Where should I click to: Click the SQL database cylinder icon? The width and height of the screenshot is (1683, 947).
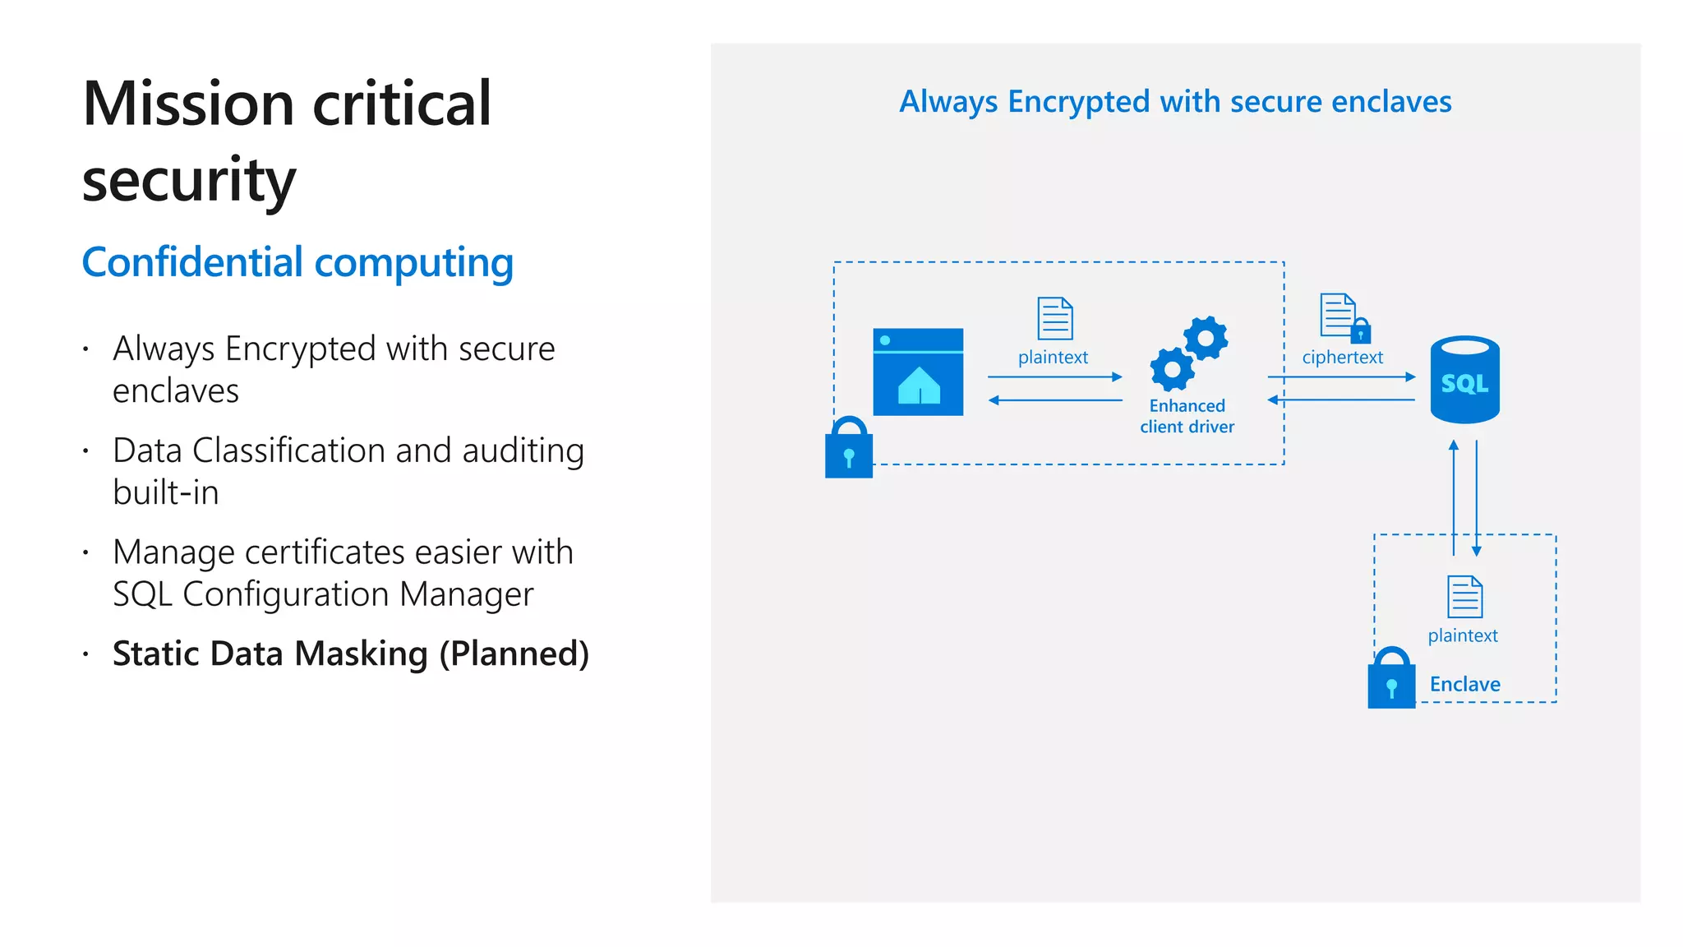click(1464, 380)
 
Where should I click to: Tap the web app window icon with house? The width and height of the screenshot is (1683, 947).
click(918, 372)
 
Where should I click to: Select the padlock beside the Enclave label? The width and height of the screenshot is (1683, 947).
click(1391, 679)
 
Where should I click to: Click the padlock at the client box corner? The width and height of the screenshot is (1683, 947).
click(849, 449)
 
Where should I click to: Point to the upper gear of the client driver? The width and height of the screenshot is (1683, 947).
click(1206, 338)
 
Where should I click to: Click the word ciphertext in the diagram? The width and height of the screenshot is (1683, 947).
click(1342, 358)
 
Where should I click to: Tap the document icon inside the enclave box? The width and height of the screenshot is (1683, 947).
click(1464, 597)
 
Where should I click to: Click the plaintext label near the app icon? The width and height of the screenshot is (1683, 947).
click(1053, 358)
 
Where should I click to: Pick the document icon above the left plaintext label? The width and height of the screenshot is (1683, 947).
click(1055, 319)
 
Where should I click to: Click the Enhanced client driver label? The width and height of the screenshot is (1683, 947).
click(1187, 416)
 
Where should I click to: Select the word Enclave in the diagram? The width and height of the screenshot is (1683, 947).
click(1464, 684)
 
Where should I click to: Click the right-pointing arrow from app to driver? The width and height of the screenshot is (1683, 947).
click(1055, 377)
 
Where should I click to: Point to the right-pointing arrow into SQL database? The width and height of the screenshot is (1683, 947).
click(1341, 377)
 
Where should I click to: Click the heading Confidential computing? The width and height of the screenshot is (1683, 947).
click(297, 263)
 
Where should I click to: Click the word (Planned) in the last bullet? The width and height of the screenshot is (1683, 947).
click(514, 654)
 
